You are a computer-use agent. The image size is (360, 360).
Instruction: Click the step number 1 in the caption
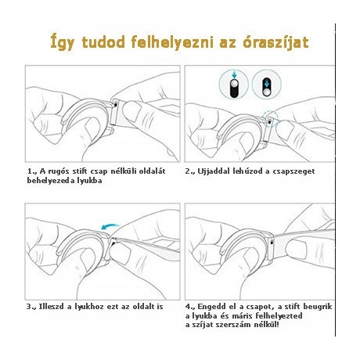point(31,171)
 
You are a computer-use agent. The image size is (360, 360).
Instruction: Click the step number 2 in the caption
point(189,171)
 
